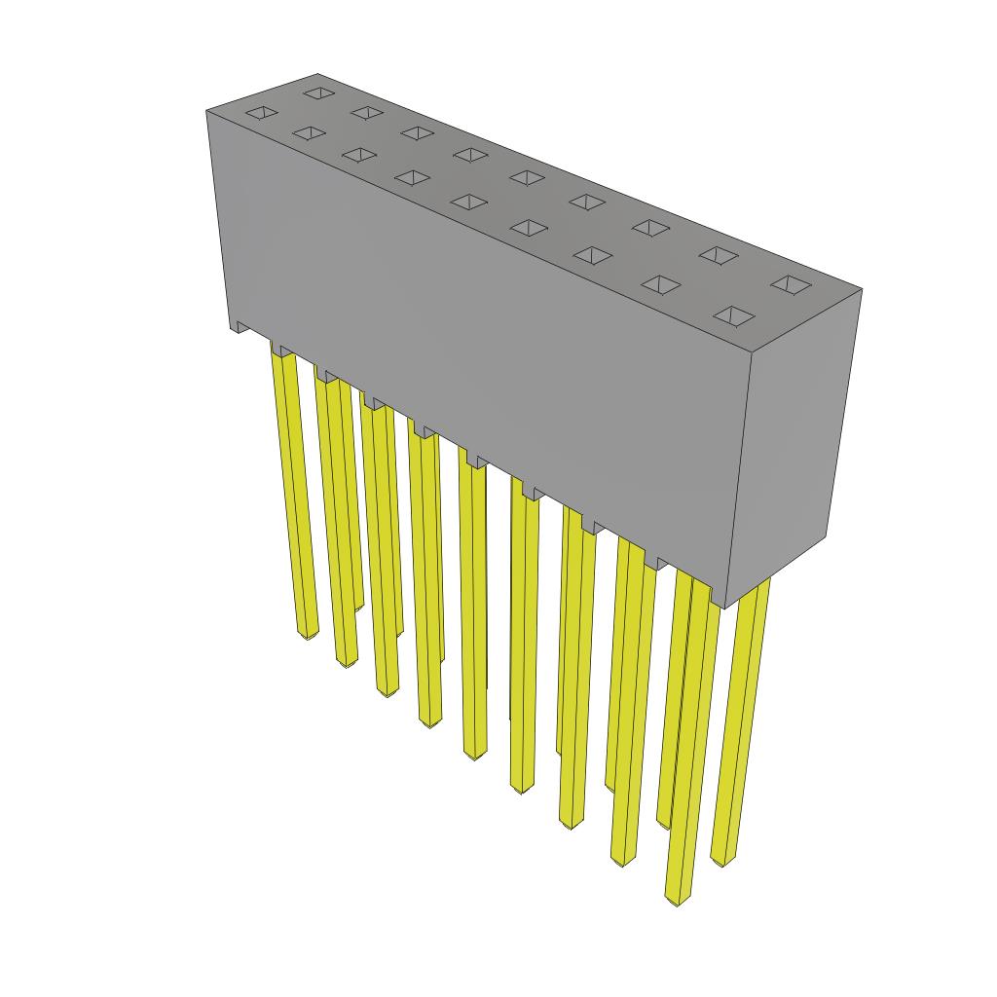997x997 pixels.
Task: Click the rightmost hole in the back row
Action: tap(792, 285)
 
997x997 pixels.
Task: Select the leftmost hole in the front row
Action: tap(260, 113)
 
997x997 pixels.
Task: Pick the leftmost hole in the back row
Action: tap(316, 93)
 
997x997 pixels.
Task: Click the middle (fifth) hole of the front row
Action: tap(469, 202)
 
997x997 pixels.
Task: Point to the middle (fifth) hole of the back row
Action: tap(526, 177)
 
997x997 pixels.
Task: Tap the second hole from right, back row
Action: tap(719, 255)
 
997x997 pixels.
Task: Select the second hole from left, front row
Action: tap(307, 132)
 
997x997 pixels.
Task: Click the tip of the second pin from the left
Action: tap(346, 663)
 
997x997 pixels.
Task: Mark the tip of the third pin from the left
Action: tap(387, 692)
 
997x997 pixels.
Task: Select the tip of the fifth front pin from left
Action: tap(474, 755)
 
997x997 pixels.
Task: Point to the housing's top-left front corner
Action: tap(207, 113)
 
